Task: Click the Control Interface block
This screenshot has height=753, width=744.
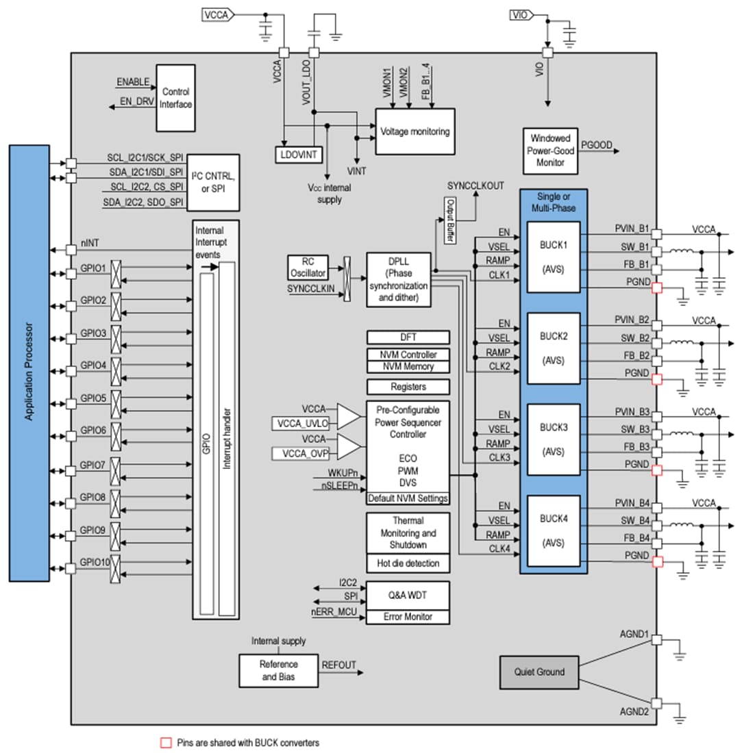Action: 176,98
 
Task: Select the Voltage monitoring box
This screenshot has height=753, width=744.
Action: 415,131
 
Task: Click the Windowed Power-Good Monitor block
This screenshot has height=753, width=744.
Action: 549,151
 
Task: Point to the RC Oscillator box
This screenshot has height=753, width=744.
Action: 307,267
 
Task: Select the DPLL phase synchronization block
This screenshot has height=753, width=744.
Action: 398,279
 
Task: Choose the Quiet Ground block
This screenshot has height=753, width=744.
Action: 540,672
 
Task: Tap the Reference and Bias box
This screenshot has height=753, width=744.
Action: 279,670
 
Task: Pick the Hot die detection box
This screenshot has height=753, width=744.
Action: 408,563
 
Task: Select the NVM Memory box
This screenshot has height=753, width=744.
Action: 408,367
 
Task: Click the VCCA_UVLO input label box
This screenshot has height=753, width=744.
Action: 303,423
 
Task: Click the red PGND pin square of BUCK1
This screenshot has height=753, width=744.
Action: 657,288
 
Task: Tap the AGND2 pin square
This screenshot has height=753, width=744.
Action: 656,703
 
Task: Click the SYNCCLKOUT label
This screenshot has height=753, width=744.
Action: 475,186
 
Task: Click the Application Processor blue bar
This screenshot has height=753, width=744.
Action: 29,363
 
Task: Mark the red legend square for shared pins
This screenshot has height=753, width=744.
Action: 164,743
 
